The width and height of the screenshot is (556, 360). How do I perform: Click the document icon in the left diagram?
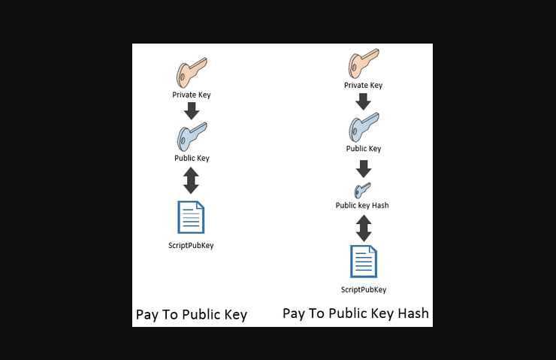[191, 217]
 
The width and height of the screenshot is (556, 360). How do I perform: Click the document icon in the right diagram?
[364, 262]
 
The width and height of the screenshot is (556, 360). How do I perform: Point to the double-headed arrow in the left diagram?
[191, 180]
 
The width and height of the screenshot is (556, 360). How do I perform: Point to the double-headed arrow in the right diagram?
[364, 228]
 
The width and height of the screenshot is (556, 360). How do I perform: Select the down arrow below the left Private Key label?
[192, 111]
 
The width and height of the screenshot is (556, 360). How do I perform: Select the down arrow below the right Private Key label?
[363, 101]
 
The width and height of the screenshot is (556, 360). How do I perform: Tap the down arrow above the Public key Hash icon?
[364, 169]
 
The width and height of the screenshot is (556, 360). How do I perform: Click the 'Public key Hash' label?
[362, 205]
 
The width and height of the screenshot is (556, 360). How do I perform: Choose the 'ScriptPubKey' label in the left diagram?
[191, 246]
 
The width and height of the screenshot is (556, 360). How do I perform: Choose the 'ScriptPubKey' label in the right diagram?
[364, 290]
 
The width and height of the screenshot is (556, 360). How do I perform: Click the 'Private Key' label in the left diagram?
[192, 95]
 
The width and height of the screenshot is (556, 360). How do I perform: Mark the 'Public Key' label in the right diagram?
[364, 149]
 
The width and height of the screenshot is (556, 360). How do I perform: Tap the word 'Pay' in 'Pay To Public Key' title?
[147, 315]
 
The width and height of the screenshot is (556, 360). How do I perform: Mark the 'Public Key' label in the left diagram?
[192, 158]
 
